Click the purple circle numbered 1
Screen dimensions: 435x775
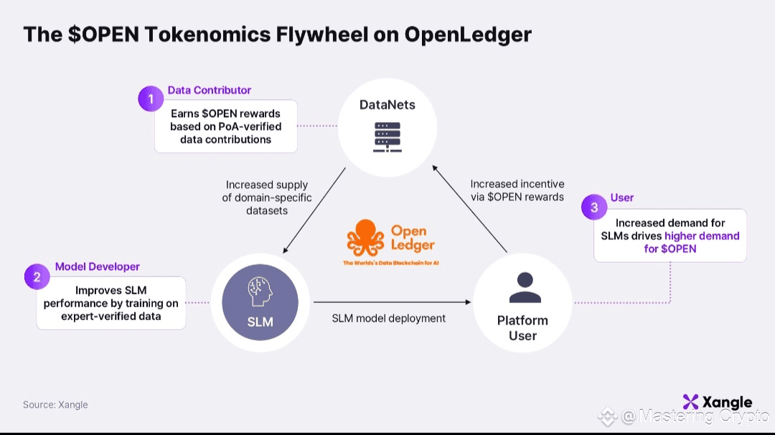(151, 98)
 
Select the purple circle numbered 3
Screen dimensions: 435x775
(595, 207)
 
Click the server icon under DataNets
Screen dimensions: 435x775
(387, 136)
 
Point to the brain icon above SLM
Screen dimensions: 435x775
(260, 293)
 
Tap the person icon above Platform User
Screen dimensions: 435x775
(522, 288)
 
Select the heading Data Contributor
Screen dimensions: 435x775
(210, 90)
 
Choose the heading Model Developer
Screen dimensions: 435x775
(98, 266)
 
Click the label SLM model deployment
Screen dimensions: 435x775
(389, 318)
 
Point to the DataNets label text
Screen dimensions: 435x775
(387, 106)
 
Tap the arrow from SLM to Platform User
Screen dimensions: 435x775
(391, 301)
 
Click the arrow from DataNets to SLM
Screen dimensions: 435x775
(315, 211)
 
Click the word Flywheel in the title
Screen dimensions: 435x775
(293, 35)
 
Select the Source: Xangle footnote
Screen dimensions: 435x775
(55, 405)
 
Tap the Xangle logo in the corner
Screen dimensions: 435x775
(717, 402)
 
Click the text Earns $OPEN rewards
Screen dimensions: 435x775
(225, 113)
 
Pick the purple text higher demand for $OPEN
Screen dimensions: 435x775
(702, 242)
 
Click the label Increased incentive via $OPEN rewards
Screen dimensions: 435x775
(517, 190)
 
